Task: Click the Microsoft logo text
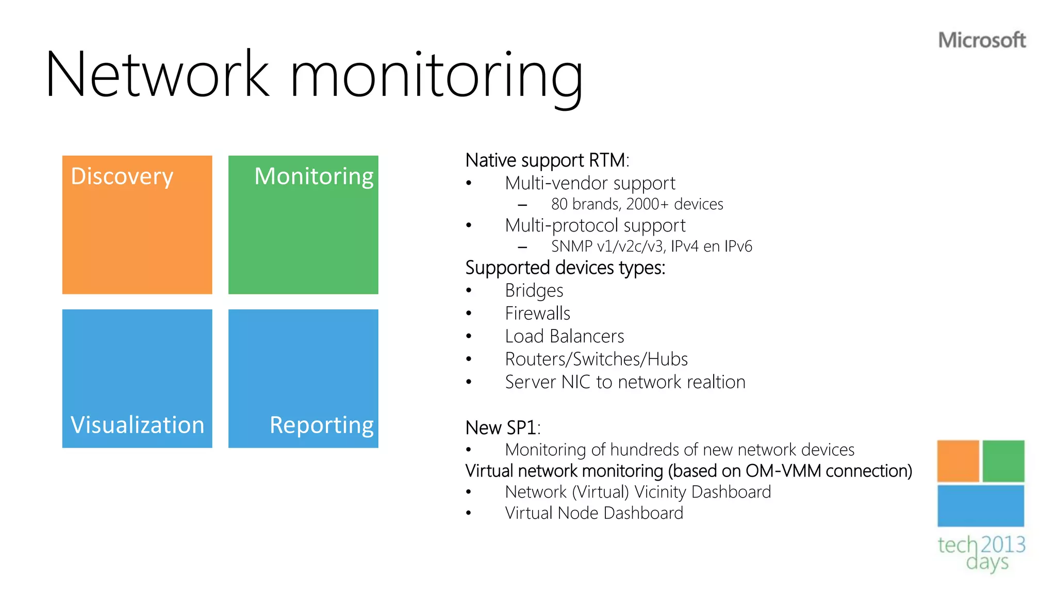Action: pyautogui.click(x=981, y=40)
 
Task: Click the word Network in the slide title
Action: pyautogui.click(x=157, y=75)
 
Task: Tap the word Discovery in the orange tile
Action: pyautogui.click(x=122, y=176)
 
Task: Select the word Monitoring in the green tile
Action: pyautogui.click(x=313, y=176)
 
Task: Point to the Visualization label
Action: pyautogui.click(x=137, y=425)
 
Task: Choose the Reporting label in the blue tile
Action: pyautogui.click(x=321, y=425)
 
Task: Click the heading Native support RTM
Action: pyautogui.click(x=547, y=160)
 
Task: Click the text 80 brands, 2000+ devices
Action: pyautogui.click(x=637, y=204)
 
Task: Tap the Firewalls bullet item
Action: pyautogui.click(x=537, y=313)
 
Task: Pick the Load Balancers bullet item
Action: pyautogui.click(x=564, y=336)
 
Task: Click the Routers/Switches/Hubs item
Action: pyautogui.click(x=596, y=359)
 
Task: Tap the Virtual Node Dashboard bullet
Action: pyautogui.click(x=593, y=513)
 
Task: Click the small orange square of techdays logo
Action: pyautogui.click(x=958, y=460)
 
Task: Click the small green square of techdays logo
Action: pyautogui.click(x=1003, y=460)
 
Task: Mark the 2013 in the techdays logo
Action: pyautogui.click(x=1002, y=544)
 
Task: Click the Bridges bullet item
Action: pyautogui.click(x=534, y=291)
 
